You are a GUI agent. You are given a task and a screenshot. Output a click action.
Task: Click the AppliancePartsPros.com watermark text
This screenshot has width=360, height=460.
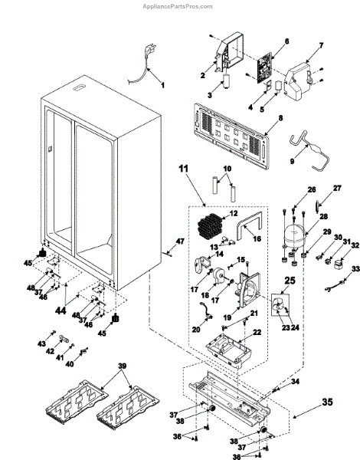(178, 6)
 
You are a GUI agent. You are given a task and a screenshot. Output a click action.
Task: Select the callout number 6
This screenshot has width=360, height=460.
(286, 41)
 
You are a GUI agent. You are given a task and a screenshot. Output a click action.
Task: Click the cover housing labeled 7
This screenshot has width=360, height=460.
(298, 81)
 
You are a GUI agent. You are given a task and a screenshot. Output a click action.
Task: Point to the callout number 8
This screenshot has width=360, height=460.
(280, 118)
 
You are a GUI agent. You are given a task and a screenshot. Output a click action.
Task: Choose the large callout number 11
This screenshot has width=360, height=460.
(184, 169)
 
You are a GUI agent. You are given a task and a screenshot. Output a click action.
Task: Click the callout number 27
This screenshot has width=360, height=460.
(337, 188)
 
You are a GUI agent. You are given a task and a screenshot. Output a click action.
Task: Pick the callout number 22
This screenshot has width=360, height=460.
(257, 332)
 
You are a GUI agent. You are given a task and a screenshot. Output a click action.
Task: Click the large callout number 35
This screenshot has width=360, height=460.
(328, 402)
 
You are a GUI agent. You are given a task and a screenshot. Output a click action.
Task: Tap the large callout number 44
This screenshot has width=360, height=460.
(61, 310)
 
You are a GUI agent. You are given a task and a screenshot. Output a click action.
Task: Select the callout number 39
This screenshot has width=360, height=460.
(123, 366)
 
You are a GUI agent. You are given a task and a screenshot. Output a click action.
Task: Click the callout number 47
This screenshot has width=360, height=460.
(180, 242)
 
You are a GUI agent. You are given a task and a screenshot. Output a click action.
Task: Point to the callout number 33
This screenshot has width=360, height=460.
(355, 268)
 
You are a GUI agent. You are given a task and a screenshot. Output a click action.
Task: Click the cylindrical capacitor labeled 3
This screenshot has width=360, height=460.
(227, 81)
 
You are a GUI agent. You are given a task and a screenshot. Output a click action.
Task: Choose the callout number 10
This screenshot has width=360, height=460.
(227, 169)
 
